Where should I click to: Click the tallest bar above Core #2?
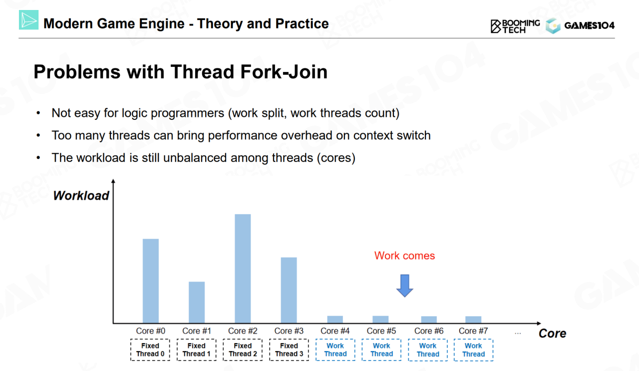point(243,268)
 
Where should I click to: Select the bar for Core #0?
point(151,281)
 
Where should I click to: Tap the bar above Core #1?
point(197,302)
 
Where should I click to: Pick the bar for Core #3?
point(289,290)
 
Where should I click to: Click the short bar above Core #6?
point(429,320)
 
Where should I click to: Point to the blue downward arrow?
point(404,286)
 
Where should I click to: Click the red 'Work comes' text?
point(404,256)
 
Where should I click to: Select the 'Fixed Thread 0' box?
point(150,350)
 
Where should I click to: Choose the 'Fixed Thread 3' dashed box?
point(289,350)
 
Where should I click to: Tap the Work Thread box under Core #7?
point(474,350)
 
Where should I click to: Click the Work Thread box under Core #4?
point(335,350)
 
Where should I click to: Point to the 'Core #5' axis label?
point(381,331)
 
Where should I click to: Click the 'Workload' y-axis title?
point(81,196)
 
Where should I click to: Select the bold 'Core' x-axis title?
point(552,334)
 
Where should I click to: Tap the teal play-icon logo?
point(28,19)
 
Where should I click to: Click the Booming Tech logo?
point(515,26)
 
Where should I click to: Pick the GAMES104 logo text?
point(590,25)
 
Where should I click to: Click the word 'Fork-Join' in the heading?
point(284,71)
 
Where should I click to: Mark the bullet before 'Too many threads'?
point(38,135)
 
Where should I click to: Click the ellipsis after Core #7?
point(518,333)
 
